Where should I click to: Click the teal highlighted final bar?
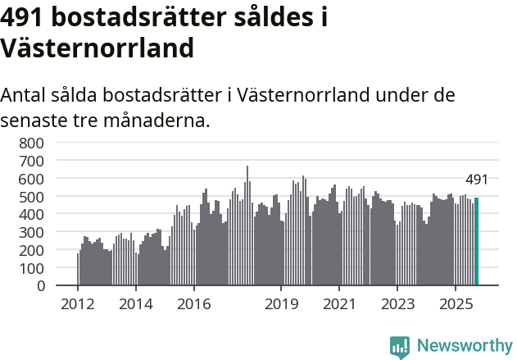tap(477, 242)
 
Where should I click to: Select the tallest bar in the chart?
tap(247, 226)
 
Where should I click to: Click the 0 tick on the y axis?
tap(39, 286)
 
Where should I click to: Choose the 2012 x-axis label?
tap(78, 304)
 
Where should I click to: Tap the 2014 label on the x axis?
tap(136, 304)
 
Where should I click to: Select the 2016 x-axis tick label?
tap(193, 304)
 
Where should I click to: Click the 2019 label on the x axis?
tap(281, 304)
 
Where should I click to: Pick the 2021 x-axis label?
tap(338, 304)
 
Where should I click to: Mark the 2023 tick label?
tap(397, 304)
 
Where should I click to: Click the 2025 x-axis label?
tap(455, 304)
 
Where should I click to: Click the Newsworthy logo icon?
tap(400, 346)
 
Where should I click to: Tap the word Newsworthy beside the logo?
tap(464, 346)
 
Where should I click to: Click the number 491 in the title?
tap(25, 18)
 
